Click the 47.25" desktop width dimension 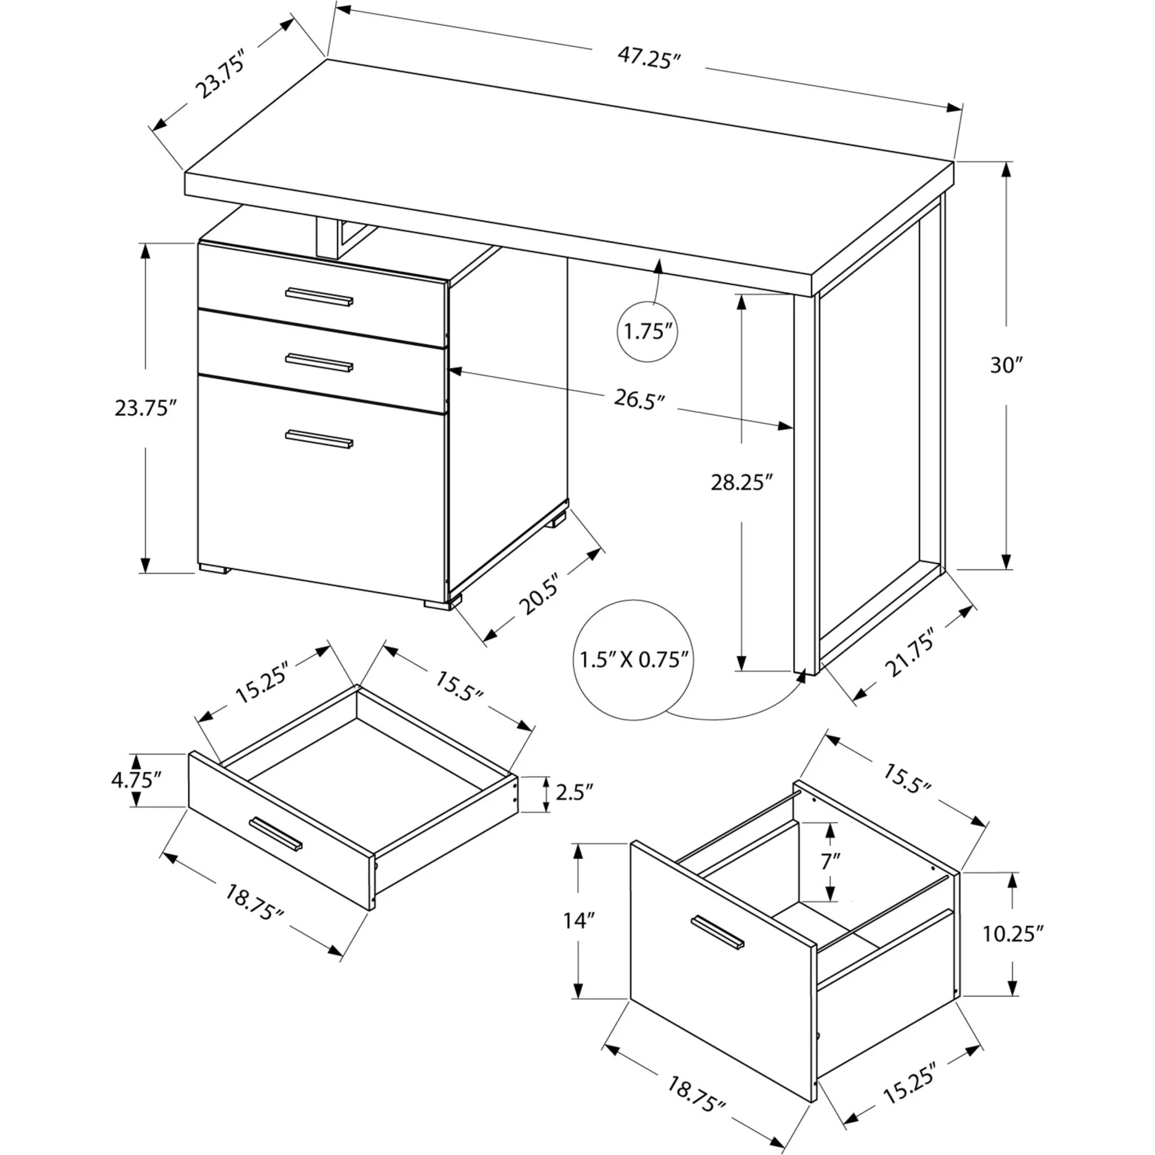point(649,59)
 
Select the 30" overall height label point(1006,365)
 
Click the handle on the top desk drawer point(319,297)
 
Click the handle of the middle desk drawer point(319,362)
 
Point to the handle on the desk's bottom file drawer point(319,438)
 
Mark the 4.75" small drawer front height point(137,780)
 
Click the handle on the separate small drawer point(276,833)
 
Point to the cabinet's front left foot point(214,568)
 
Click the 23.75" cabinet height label point(146,408)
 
